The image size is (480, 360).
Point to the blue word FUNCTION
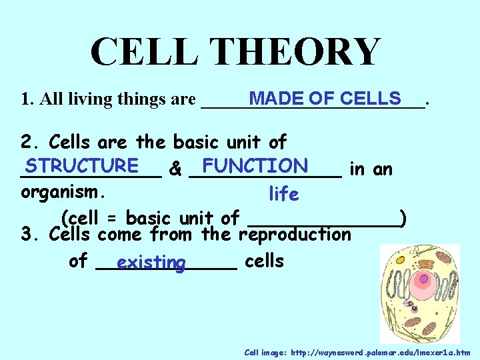tap(255, 165)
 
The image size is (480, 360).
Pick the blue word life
tap(283, 194)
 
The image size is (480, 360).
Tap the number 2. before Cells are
tap(31, 142)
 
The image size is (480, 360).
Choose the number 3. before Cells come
tap(31, 235)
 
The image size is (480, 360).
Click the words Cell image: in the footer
tap(263, 352)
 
